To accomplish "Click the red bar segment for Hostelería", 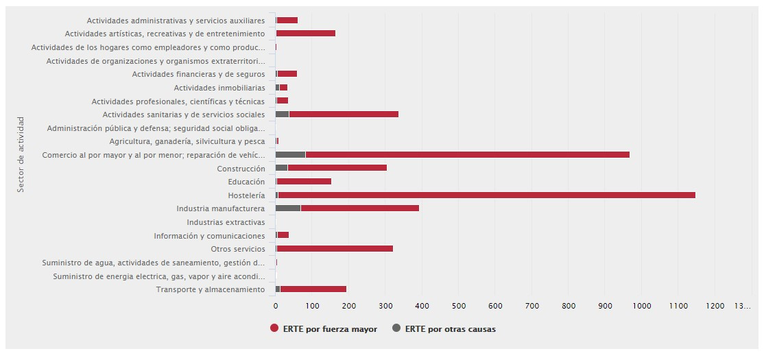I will (487, 195).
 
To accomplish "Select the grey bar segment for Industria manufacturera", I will (288, 208).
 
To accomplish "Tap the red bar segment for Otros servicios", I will (335, 249).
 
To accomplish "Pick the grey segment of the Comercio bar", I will (290, 155).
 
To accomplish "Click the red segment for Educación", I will (304, 182).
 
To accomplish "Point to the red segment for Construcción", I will (337, 168).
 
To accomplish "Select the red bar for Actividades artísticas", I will (306, 34).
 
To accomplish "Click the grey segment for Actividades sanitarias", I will (283, 115).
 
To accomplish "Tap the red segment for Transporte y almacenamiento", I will (313, 289).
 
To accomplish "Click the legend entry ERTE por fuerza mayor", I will (324, 329).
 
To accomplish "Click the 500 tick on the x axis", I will (422, 305).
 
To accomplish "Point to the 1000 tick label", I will (641, 305).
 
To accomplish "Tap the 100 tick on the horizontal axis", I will (312, 305).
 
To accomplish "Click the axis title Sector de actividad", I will (21, 154).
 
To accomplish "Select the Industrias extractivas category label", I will (226, 222).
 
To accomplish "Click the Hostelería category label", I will (246, 195).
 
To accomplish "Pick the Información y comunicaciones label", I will (209, 236).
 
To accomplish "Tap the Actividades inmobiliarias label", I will (219, 88).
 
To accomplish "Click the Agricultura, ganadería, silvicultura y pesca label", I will (187, 141).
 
